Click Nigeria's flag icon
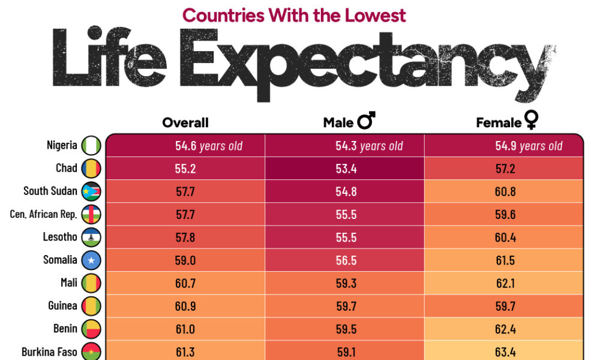pyautogui.click(x=91, y=146)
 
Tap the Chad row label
pyautogui.click(x=67, y=168)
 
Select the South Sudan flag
pyautogui.click(x=91, y=191)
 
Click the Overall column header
pyautogui.click(x=185, y=122)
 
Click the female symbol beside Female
pyautogui.click(x=531, y=122)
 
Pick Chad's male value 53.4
pyautogui.click(x=346, y=169)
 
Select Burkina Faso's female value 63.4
pyautogui.click(x=505, y=352)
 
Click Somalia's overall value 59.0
pyautogui.click(x=185, y=260)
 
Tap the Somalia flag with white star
pyautogui.click(x=91, y=260)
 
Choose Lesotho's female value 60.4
pyautogui.click(x=505, y=238)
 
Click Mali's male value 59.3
pyautogui.click(x=346, y=283)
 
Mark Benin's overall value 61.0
pyautogui.click(x=185, y=329)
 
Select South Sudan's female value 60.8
pyautogui.click(x=505, y=192)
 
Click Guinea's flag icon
pyautogui.click(x=91, y=305)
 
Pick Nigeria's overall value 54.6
pyautogui.click(x=185, y=146)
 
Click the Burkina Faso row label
pyautogui.click(x=49, y=352)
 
